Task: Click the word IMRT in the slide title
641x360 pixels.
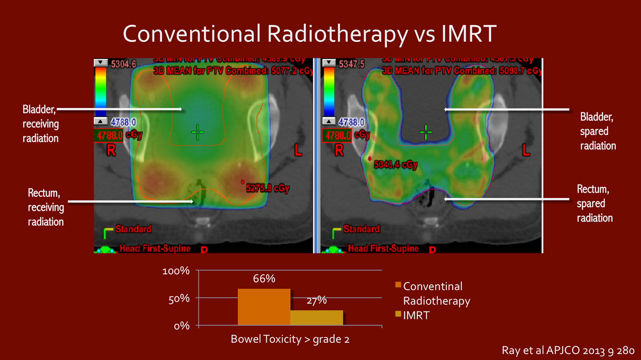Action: (x=468, y=33)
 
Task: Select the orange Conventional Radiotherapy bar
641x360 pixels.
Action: (x=264, y=307)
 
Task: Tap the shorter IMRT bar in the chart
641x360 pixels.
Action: (x=316, y=318)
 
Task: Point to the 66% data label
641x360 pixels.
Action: (x=264, y=279)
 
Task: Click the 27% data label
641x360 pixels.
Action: (x=316, y=300)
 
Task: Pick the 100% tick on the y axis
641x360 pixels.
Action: (x=176, y=271)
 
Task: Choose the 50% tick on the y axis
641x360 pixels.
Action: (x=179, y=299)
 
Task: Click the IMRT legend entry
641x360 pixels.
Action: (x=416, y=316)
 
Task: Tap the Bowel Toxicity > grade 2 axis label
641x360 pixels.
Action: (x=290, y=339)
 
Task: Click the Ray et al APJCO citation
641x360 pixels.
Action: (x=568, y=350)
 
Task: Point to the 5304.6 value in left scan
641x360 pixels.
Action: (x=123, y=64)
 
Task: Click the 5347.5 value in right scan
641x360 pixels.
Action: (x=351, y=64)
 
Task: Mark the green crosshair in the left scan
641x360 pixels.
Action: (x=198, y=132)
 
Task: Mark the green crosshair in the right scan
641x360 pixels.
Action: (x=426, y=132)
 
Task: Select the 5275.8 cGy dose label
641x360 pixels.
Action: (x=268, y=188)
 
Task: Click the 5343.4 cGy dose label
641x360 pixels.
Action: (x=395, y=164)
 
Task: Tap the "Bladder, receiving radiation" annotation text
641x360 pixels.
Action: (x=40, y=124)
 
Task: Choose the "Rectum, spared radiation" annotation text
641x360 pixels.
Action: (x=595, y=203)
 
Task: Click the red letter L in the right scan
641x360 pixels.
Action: (x=526, y=150)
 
